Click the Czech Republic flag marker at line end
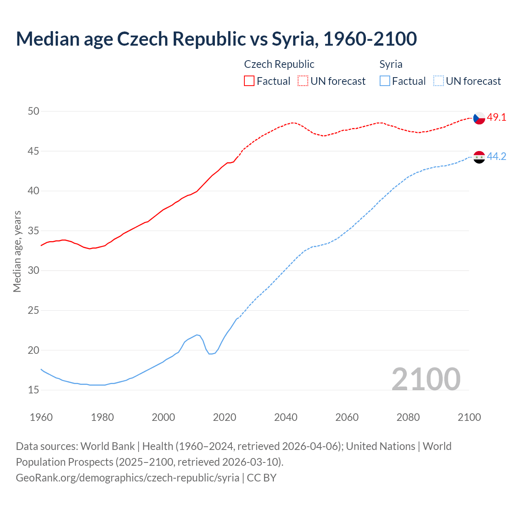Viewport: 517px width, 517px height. (x=479, y=118)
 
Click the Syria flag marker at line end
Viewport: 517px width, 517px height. (x=479, y=157)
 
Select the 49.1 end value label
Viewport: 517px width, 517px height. (x=496, y=118)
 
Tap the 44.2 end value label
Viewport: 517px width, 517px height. (x=496, y=157)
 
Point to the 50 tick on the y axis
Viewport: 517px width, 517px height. (x=34, y=111)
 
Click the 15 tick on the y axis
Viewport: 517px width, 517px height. (x=34, y=390)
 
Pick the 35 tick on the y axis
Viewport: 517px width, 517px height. (x=34, y=231)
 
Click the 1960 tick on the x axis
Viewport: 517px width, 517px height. (x=41, y=417)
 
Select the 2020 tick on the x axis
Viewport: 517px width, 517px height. (x=225, y=417)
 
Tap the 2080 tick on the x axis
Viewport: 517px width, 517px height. (x=408, y=417)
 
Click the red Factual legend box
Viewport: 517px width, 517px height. (x=249, y=81)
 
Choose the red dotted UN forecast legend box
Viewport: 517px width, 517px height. (x=303, y=81)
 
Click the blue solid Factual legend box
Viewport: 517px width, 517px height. (x=385, y=81)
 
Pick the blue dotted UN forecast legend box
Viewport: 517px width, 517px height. (x=438, y=81)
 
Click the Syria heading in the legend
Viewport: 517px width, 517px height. (x=391, y=64)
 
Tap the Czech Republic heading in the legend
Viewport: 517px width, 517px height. (x=279, y=64)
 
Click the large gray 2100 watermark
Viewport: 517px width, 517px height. (x=426, y=379)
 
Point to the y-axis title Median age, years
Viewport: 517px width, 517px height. (x=17, y=251)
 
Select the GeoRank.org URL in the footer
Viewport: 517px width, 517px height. (x=128, y=478)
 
